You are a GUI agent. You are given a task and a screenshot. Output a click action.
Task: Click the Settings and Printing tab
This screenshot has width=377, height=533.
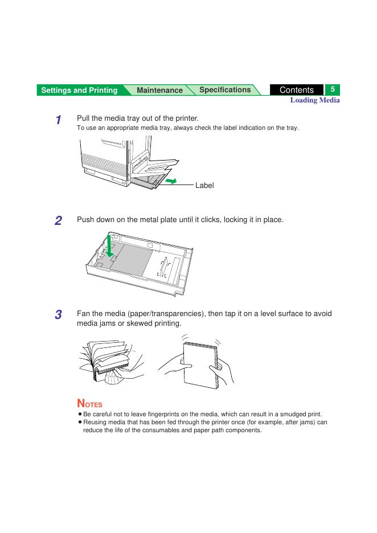(x=80, y=90)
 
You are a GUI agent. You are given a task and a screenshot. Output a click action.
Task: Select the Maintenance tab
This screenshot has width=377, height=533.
(x=159, y=90)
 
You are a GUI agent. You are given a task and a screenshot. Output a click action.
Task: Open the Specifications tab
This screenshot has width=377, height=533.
(x=225, y=90)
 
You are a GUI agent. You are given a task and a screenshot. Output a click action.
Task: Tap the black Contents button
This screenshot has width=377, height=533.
(x=297, y=90)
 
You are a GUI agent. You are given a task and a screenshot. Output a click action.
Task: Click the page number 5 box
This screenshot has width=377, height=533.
(x=333, y=89)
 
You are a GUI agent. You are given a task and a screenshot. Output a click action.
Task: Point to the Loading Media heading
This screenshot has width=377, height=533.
(x=315, y=100)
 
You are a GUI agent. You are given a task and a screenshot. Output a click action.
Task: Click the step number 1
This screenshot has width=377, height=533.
(x=59, y=120)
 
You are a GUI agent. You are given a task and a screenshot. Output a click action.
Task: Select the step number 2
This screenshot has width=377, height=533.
(x=58, y=220)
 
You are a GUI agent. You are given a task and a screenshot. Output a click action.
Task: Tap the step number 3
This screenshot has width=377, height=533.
(x=58, y=314)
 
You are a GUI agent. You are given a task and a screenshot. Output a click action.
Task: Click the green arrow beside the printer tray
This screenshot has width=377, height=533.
(x=171, y=181)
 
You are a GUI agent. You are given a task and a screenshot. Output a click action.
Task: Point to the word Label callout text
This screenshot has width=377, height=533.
(x=204, y=185)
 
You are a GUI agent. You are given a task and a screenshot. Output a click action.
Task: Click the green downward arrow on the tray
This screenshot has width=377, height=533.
(x=109, y=246)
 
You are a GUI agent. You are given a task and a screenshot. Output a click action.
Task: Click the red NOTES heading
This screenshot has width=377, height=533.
(x=90, y=403)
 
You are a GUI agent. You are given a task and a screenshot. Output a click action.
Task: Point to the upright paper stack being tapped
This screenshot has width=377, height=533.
(x=200, y=366)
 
